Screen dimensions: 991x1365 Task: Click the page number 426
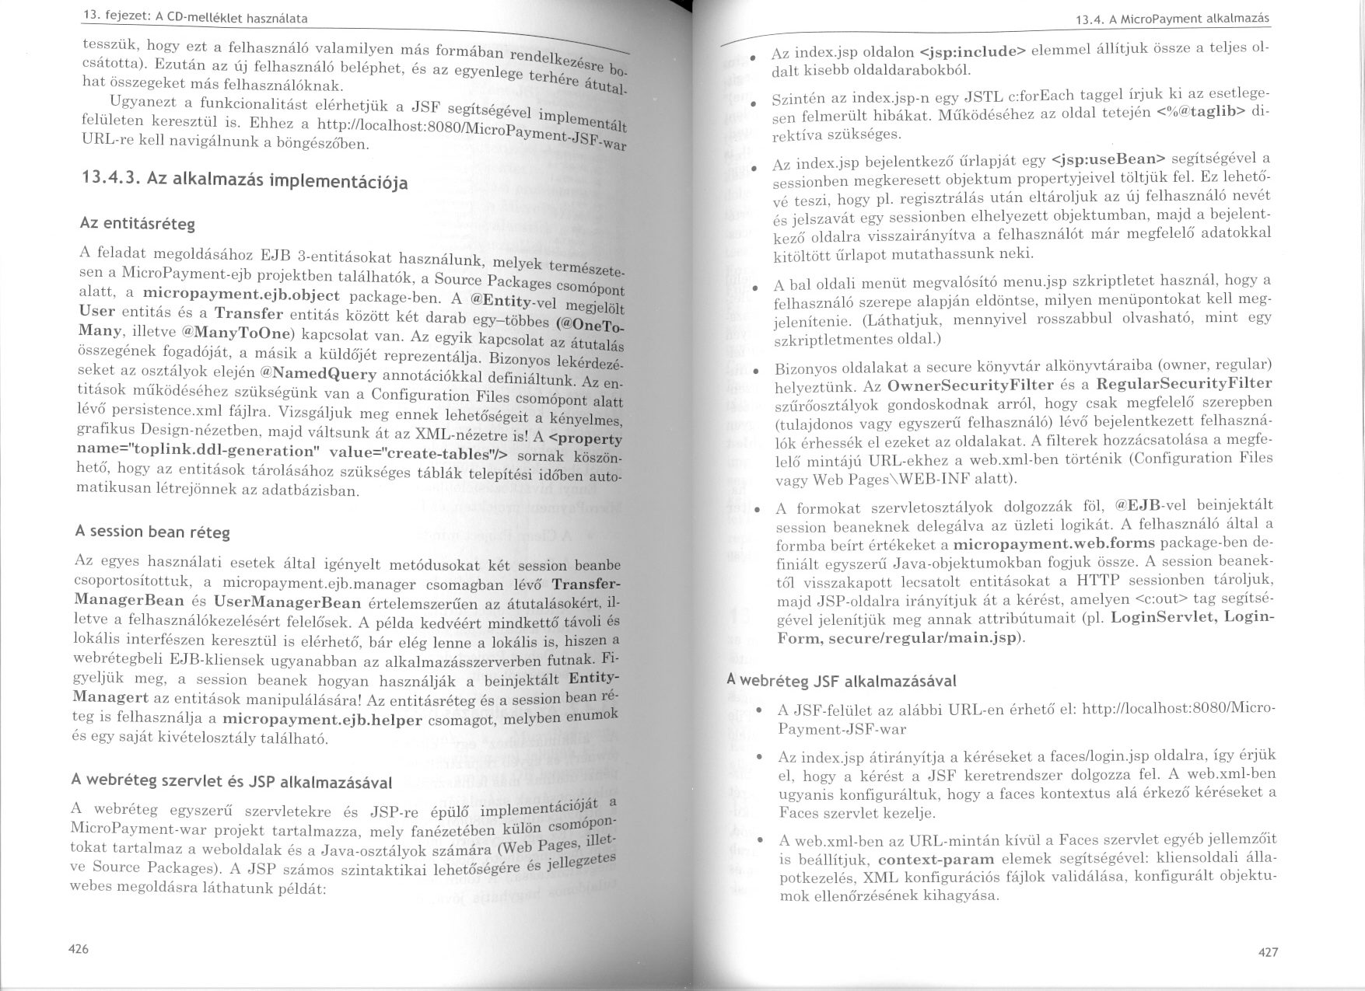(79, 948)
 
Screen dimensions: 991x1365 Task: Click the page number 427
(1268, 951)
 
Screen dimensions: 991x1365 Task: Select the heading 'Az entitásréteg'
(138, 223)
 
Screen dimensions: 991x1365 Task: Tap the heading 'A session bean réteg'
(152, 532)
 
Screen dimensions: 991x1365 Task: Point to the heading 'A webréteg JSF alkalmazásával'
(841, 680)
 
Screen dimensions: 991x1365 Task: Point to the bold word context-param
(936, 859)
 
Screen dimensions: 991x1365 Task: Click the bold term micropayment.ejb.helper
(322, 719)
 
